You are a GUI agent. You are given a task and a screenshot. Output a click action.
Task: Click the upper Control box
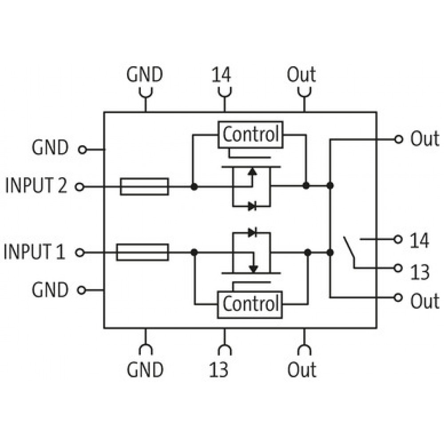pyautogui.click(x=250, y=135)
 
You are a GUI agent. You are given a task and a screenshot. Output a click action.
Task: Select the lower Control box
pyautogui.click(x=250, y=305)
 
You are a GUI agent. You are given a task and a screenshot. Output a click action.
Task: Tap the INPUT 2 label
pyautogui.click(x=36, y=185)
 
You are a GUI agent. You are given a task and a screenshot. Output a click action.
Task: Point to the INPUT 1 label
pyautogui.click(x=34, y=251)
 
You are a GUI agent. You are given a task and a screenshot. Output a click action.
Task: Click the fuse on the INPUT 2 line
pyautogui.click(x=144, y=186)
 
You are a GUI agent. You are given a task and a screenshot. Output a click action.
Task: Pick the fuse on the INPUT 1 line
pyautogui.click(x=143, y=252)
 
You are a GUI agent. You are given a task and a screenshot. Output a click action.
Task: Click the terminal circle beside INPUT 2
pyautogui.click(x=79, y=187)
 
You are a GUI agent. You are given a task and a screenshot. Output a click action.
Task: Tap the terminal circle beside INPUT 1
pyautogui.click(x=80, y=253)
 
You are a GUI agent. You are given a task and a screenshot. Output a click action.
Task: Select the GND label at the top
pyautogui.click(x=145, y=75)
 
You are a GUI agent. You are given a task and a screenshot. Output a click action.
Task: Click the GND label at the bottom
pyautogui.click(x=145, y=369)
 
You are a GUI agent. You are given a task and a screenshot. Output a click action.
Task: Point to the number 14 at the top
pyautogui.click(x=222, y=75)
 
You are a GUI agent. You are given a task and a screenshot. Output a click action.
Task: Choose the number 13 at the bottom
pyautogui.click(x=218, y=369)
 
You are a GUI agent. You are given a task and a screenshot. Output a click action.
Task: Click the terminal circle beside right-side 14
pyautogui.click(x=398, y=239)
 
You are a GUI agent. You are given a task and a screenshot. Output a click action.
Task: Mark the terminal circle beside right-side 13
pyautogui.click(x=398, y=268)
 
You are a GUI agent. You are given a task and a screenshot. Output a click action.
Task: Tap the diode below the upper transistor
pyautogui.click(x=252, y=206)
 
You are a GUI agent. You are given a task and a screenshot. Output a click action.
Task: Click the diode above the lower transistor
pyautogui.click(x=252, y=233)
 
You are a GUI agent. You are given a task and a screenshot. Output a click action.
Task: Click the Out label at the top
pyautogui.click(x=301, y=75)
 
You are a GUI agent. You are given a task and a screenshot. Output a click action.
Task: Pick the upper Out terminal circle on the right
pyautogui.click(x=398, y=139)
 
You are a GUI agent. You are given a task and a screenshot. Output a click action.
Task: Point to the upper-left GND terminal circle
pyautogui.click(x=83, y=150)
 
